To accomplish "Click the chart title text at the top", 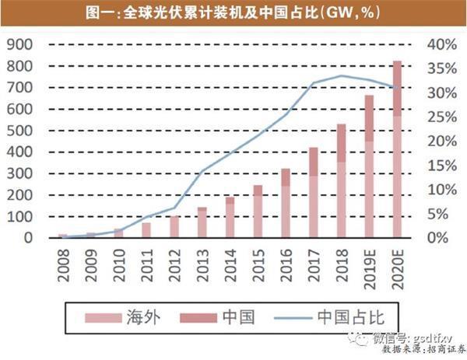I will pyautogui.click(x=233, y=13).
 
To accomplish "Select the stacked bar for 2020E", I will pyautogui.click(x=397, y=148).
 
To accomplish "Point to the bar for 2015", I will pyautogui.click(x=258, y=211).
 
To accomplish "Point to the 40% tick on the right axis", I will pyautogui.click(x=441, y=44).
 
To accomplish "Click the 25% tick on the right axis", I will pyautogui.click(x=441, y=117).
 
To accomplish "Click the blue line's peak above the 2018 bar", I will pyautogui.click(x=341, y=75).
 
